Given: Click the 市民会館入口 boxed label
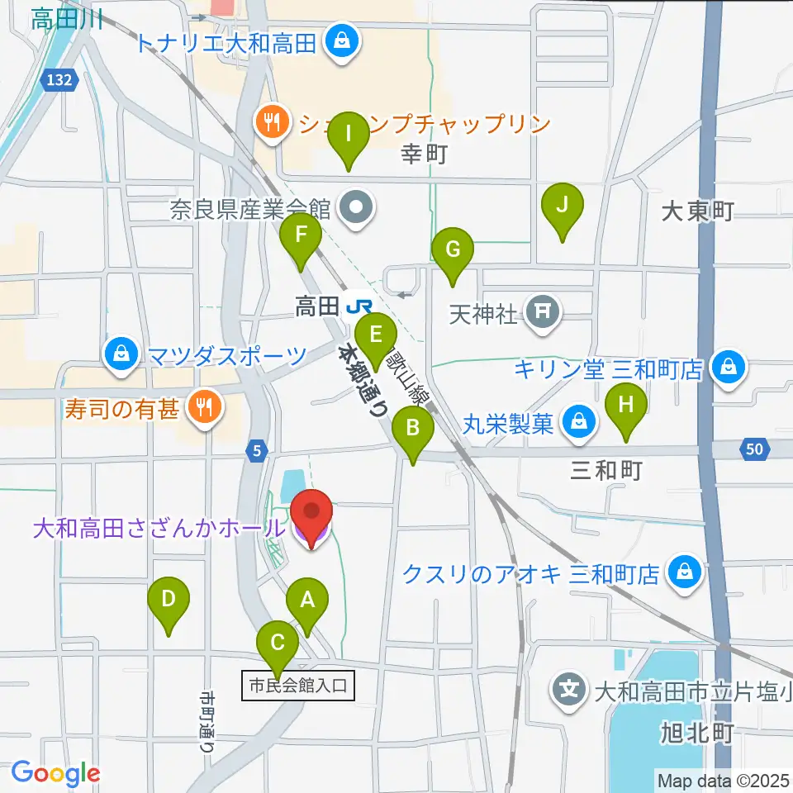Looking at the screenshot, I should (x=298, y=685).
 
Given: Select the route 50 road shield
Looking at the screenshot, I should (x=753, y=449).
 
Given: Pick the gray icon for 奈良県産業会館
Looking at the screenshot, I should (x=358, y=206).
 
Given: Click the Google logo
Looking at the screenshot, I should (x=55, y=773).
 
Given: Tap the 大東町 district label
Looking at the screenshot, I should (x=698, y=211).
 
